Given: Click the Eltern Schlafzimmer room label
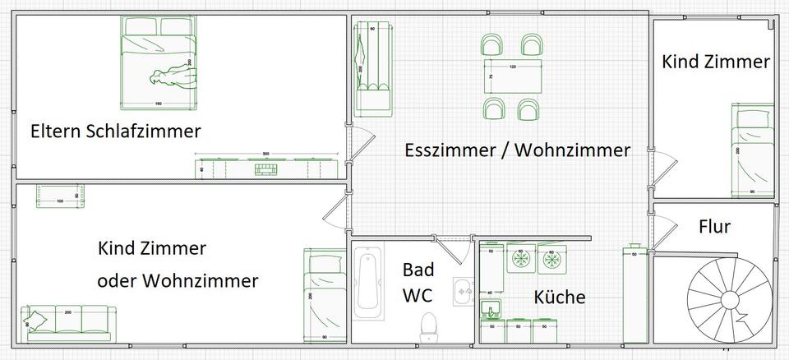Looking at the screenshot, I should (x=116, y=132).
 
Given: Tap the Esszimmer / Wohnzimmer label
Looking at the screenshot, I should (x=518, y=150).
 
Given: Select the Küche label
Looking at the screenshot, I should (x=560, y=297).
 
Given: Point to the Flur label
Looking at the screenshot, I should (x=714, y=227).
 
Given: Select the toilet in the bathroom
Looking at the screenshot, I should (x=427, y=326).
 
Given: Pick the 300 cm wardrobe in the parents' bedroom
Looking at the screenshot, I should (x=265, y=168).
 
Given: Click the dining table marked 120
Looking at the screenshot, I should (x=513, y=76).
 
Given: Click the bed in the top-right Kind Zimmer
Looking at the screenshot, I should (x=754, y=150).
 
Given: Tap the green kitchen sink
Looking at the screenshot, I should (x=491, y=309).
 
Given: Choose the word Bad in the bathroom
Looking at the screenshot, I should (x=418, y=270).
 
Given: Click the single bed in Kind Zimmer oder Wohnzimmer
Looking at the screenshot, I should (x=324, y=295).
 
